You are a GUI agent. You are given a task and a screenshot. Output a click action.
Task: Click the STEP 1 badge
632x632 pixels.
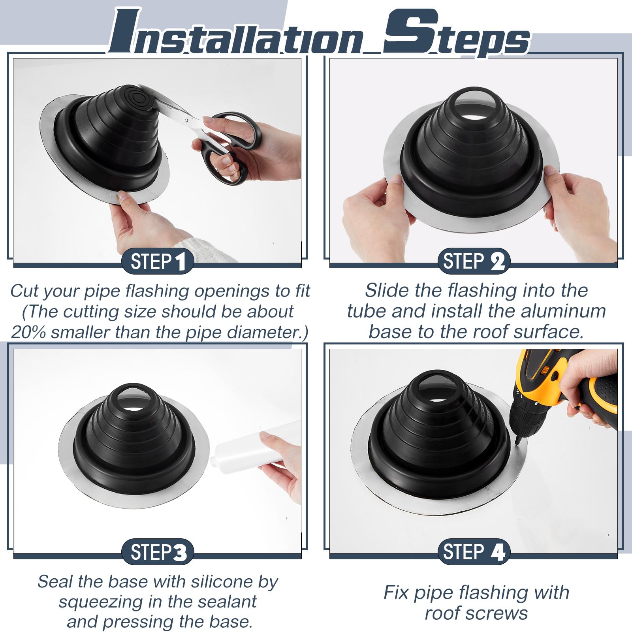(x=157, y=262)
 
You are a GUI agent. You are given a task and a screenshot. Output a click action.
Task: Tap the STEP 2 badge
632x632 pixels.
(x=474, y=262)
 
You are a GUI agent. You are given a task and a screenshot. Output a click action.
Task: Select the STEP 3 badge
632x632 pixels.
(x=157, y=552)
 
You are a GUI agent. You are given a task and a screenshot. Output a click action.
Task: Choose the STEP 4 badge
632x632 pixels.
(x=474, y=552)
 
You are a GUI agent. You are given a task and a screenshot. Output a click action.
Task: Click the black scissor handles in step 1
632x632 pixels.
(x=223, y=148)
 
